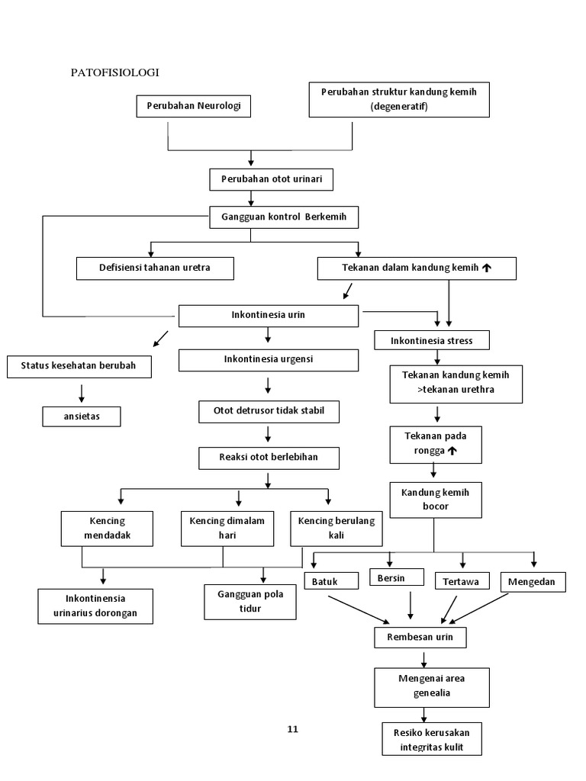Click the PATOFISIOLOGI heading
pos(114,72)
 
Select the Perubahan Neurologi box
pos(193,106)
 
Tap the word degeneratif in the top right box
pos(399,107)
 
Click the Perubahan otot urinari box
pos(272,179)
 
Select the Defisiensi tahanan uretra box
pos(155,268)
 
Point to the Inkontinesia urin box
pos(268,315)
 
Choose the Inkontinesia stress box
pos(431,340)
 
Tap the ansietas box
pos(81,416)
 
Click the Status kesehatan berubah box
pos(79,366)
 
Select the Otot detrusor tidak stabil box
pos(269,412)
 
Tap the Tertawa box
pos(462,582)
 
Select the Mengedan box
pos(533,582)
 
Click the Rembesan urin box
pos(420,637)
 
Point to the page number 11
pos(292,729)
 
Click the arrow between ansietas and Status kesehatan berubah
pos(81,392)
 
